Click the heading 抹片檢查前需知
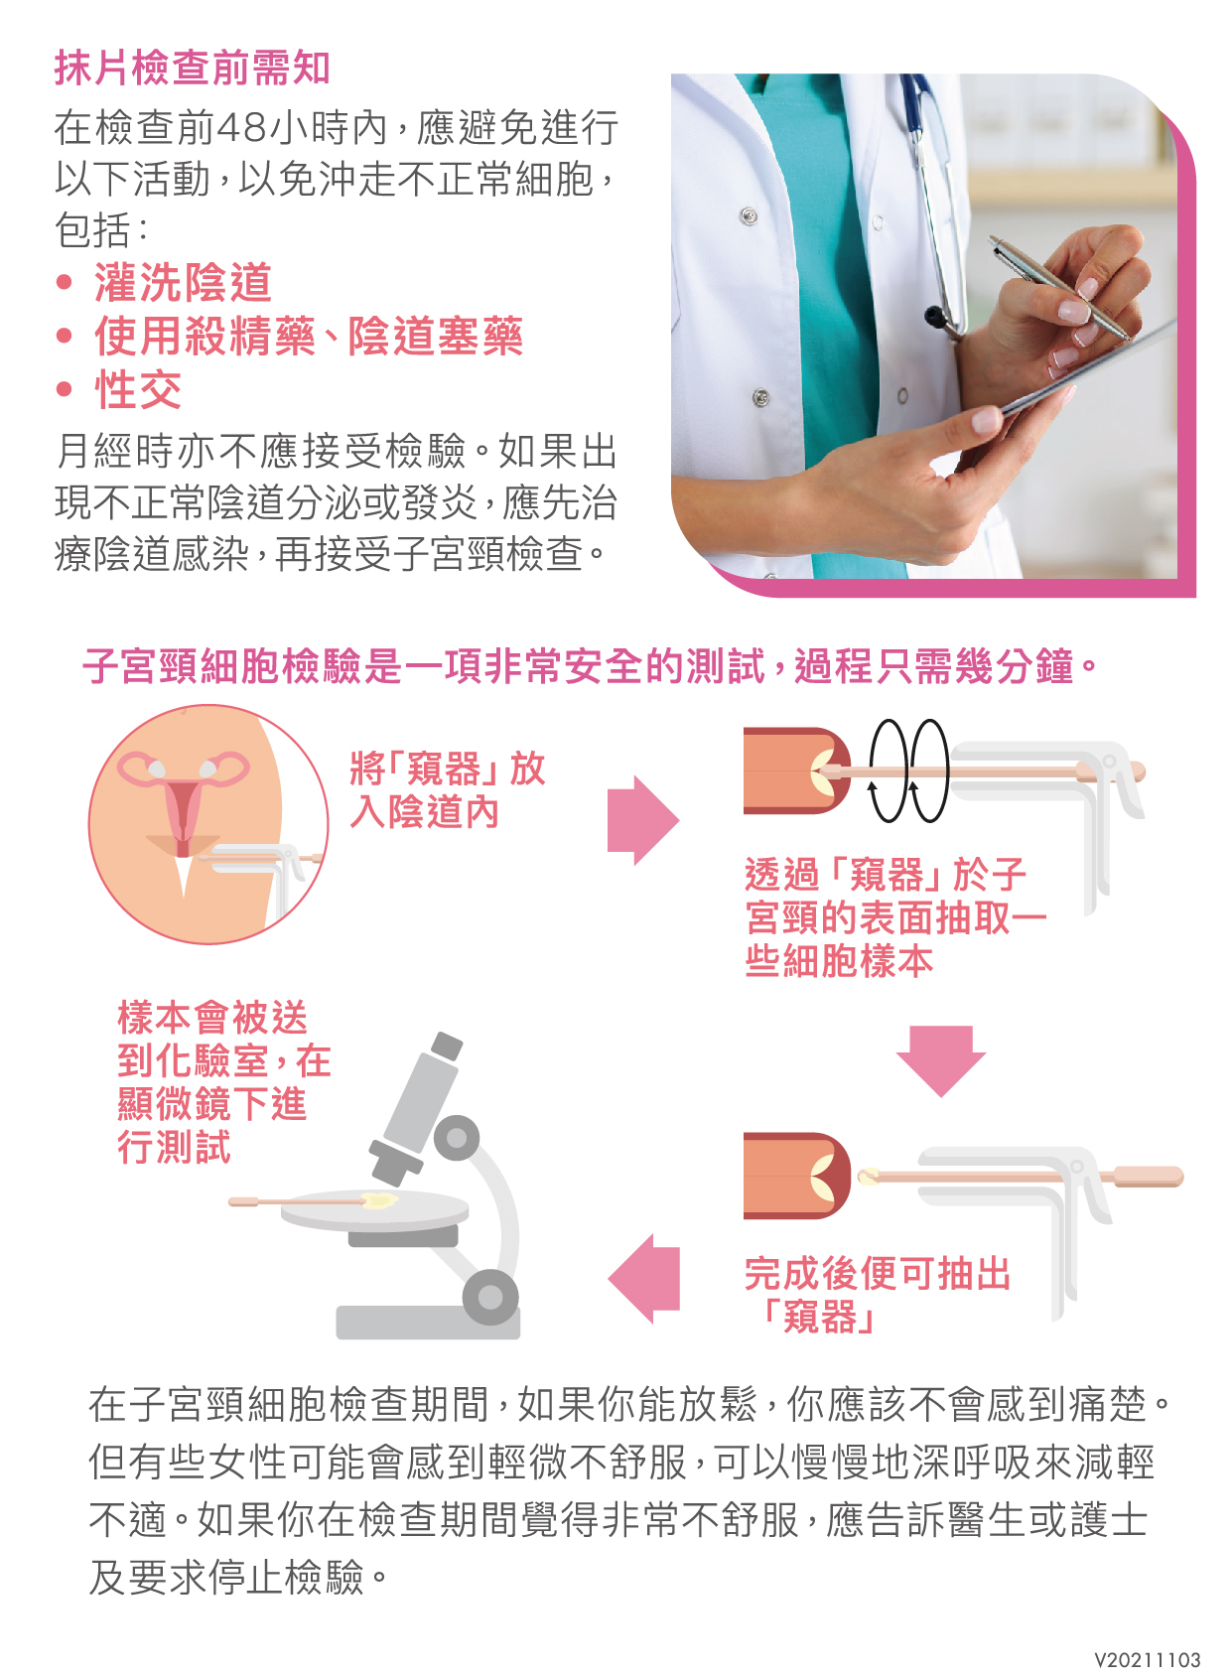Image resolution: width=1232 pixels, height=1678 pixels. [x=192, y=69]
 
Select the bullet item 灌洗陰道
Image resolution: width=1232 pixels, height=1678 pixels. [x=182, y=282]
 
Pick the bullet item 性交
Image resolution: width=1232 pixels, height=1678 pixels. [x=138, y=389]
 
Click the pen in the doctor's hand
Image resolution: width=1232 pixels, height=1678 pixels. [x=1059, y=288]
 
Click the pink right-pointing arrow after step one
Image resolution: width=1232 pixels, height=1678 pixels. [x=642, y=820]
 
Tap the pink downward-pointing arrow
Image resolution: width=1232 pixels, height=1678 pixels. [x=941, y=1060]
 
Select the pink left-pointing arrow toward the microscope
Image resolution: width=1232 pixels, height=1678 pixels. [x=643, y=1279]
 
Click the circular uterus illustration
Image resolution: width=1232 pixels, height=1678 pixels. [x=208, y=824]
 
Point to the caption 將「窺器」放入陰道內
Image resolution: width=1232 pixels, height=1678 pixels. [x=447, y=790]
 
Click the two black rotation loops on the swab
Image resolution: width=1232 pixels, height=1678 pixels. [x=908, y=770]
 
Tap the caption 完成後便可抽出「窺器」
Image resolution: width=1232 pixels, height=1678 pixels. [x=877, y=1295]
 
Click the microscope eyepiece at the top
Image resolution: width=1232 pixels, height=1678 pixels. [x=447, y=1045]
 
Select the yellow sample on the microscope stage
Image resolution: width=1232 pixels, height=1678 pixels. [x=379, y=1200]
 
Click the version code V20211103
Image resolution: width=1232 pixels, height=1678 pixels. [x=1148, y=1660]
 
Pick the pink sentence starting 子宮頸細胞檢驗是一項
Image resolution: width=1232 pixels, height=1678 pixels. [x=590, y=666]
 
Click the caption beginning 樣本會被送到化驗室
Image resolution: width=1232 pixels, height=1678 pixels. [x=223, y=1081]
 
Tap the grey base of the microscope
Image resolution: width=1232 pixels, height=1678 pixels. [x=428, y=1323]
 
